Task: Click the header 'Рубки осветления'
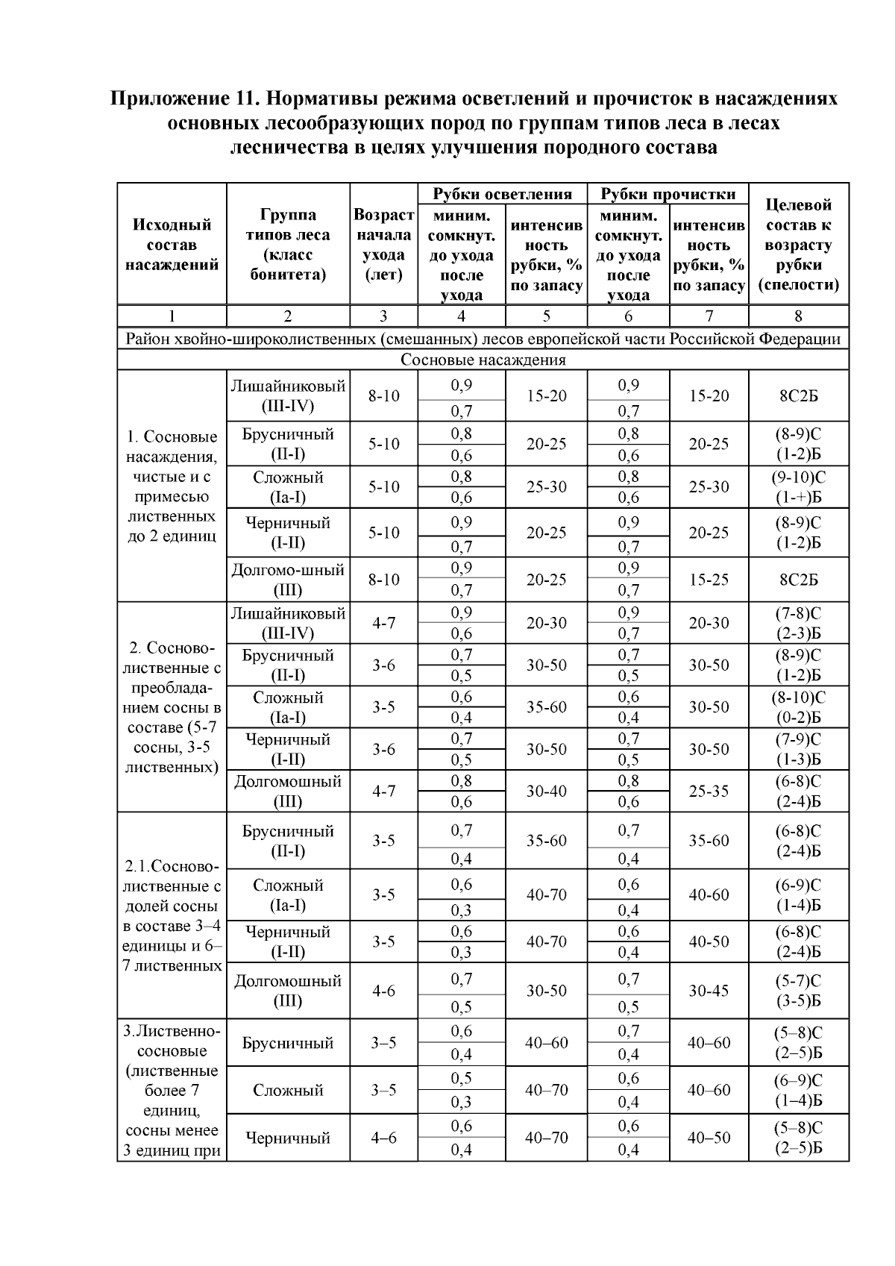pyautogui.click(x=503, y=195)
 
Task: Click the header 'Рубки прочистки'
pyautogui.click(x=668, y=195)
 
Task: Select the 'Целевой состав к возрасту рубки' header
pyautogui.click(x=798, y=244)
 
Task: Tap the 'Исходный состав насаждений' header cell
pyautogui.click(x=172, y=244)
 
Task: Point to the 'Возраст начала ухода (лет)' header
pyautogui.click(x=383, y=244)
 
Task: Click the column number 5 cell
pyautogui.click(x=546, y=316)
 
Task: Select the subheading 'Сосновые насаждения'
pyautogui.click(x=483, y=360)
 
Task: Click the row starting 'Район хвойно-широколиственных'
pyautogui.click(x=483, y=339)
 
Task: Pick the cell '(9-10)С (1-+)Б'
pyautogui.click(x=798, y=487)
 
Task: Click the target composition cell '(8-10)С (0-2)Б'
pyautogui.click(x=798, y=707)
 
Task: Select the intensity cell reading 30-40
pyautogui.click(x=546, y=791)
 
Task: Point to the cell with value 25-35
pyautogui.click(x=709, y=791)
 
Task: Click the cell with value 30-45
pyautogui.click(x=709, y=991)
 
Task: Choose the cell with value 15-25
pyautogui.click(x=709, y=580)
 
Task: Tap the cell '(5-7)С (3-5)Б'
pyautogui.click(x=798, y=991)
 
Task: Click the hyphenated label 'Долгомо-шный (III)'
pyautogui.click(x=288, y=580)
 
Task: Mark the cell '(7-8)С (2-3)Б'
pyautogui.click(x=798, y=623)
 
